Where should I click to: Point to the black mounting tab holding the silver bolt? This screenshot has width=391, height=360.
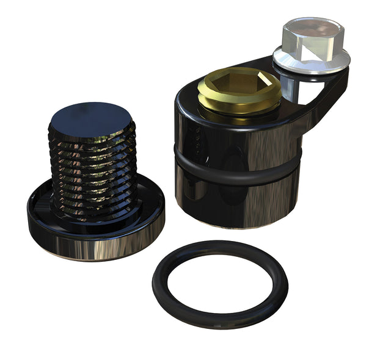321,92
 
